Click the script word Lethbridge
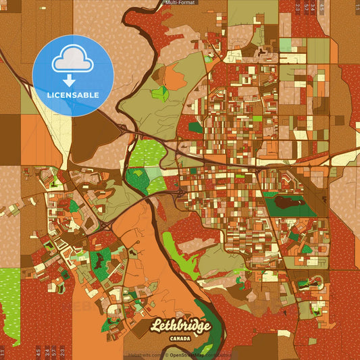(x=180, y=326)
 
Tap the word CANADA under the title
(x=180, y=338)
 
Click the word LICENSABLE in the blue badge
(x=73, y=95)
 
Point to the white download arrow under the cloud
(x=69, y=80)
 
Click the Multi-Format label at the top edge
(x=180, y=3)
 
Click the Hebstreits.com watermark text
(x=143, y=355)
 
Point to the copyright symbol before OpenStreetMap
(x=165, y=355)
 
